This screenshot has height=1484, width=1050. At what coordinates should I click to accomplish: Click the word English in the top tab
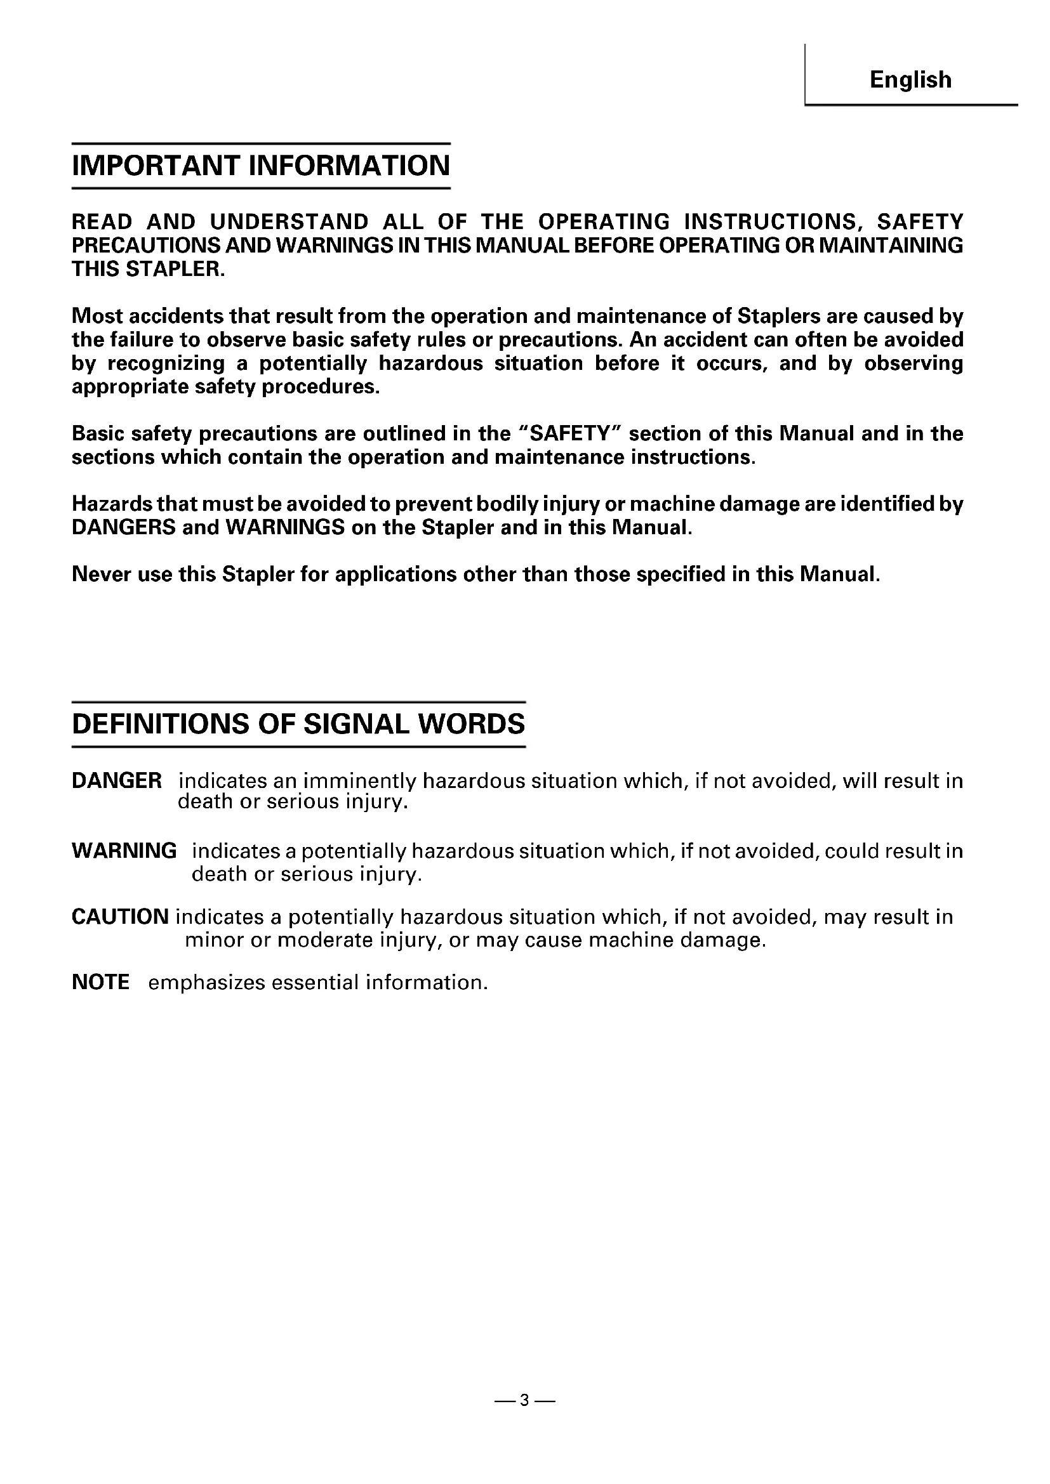point(910,79)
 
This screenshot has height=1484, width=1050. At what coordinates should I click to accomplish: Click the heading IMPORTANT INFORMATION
point(260,166)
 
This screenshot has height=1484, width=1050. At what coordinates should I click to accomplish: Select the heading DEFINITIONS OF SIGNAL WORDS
point(298,724)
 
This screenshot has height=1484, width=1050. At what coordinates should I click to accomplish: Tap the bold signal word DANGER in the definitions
point(116,781)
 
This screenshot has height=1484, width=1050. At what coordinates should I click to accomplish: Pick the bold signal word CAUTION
point(120,917)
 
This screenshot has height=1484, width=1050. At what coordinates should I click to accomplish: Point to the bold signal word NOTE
point(100,982)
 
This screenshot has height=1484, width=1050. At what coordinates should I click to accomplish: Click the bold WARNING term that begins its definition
point(124,851)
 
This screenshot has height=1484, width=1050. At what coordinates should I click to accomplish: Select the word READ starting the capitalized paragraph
point(102,221)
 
